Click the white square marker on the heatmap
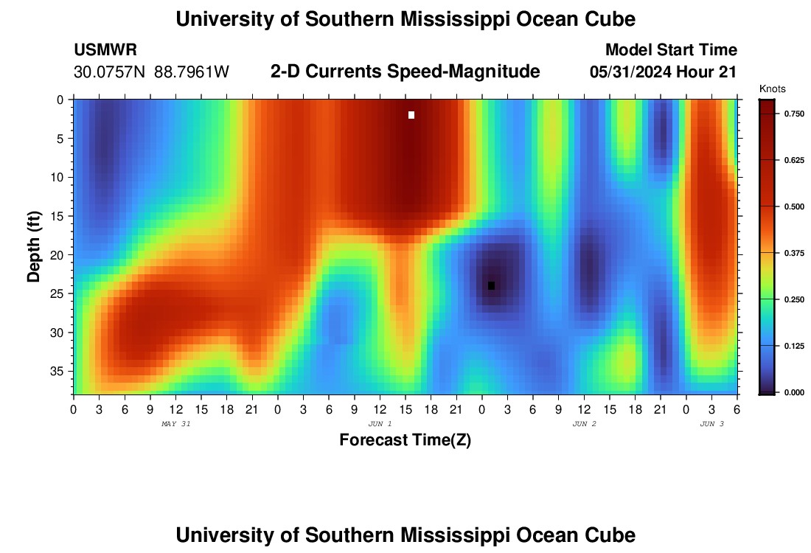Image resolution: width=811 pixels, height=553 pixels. click(411, 115)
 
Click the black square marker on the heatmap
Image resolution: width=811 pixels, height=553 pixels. click(491, 286)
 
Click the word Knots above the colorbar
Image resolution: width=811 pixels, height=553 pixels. click(772, 89)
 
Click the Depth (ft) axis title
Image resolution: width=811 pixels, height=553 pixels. click(34, 246)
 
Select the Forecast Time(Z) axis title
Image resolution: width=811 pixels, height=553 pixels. click(405, 440)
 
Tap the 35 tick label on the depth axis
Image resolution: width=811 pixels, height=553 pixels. click(59, 371)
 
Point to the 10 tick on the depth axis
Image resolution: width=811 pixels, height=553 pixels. click(59, 177)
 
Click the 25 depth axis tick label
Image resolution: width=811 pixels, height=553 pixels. click(59, 293)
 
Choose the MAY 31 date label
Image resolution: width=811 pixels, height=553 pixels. click(175, 424)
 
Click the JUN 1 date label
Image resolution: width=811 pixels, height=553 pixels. click(380, 424)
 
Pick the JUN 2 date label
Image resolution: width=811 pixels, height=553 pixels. click(584, 424)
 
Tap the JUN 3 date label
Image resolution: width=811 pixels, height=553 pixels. click(711, 424)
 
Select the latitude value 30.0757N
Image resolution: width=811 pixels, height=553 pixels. click(109, 72)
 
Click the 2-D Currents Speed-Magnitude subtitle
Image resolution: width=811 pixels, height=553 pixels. click(405, 72)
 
